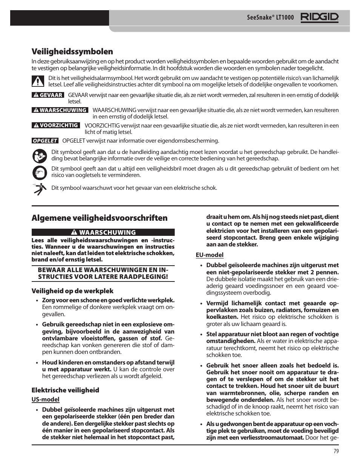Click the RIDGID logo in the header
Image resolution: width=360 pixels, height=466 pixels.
point(319,17)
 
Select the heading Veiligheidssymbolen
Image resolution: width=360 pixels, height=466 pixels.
point(72,51)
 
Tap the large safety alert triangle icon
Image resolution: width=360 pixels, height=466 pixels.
point(38,81)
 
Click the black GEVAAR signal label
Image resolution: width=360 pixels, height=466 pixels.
point(48,95)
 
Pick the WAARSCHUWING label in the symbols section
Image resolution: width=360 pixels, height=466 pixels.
point(60,110)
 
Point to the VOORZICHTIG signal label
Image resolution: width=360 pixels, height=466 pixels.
point(56,125)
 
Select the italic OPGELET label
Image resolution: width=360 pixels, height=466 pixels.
point(45,141)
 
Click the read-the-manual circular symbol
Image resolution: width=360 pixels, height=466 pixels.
point(39,155)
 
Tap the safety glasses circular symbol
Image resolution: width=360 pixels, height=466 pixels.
point(39,172)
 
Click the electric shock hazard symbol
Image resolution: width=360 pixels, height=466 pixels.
point(39,188)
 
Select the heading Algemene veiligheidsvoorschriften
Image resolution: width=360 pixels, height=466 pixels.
point(99,218)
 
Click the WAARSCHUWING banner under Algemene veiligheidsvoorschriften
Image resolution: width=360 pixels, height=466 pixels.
point(103,232)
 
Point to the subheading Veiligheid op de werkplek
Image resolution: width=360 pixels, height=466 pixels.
point(72,291)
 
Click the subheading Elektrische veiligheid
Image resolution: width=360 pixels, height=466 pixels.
point(65,390)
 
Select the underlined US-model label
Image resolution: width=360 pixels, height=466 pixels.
point(45,399)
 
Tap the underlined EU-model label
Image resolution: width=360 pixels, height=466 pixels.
point(209,255)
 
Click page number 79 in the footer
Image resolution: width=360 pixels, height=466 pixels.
point(336,451)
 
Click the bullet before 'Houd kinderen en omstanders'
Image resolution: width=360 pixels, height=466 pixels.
point(37,363)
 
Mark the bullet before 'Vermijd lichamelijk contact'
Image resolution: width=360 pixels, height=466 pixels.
point(202,303)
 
